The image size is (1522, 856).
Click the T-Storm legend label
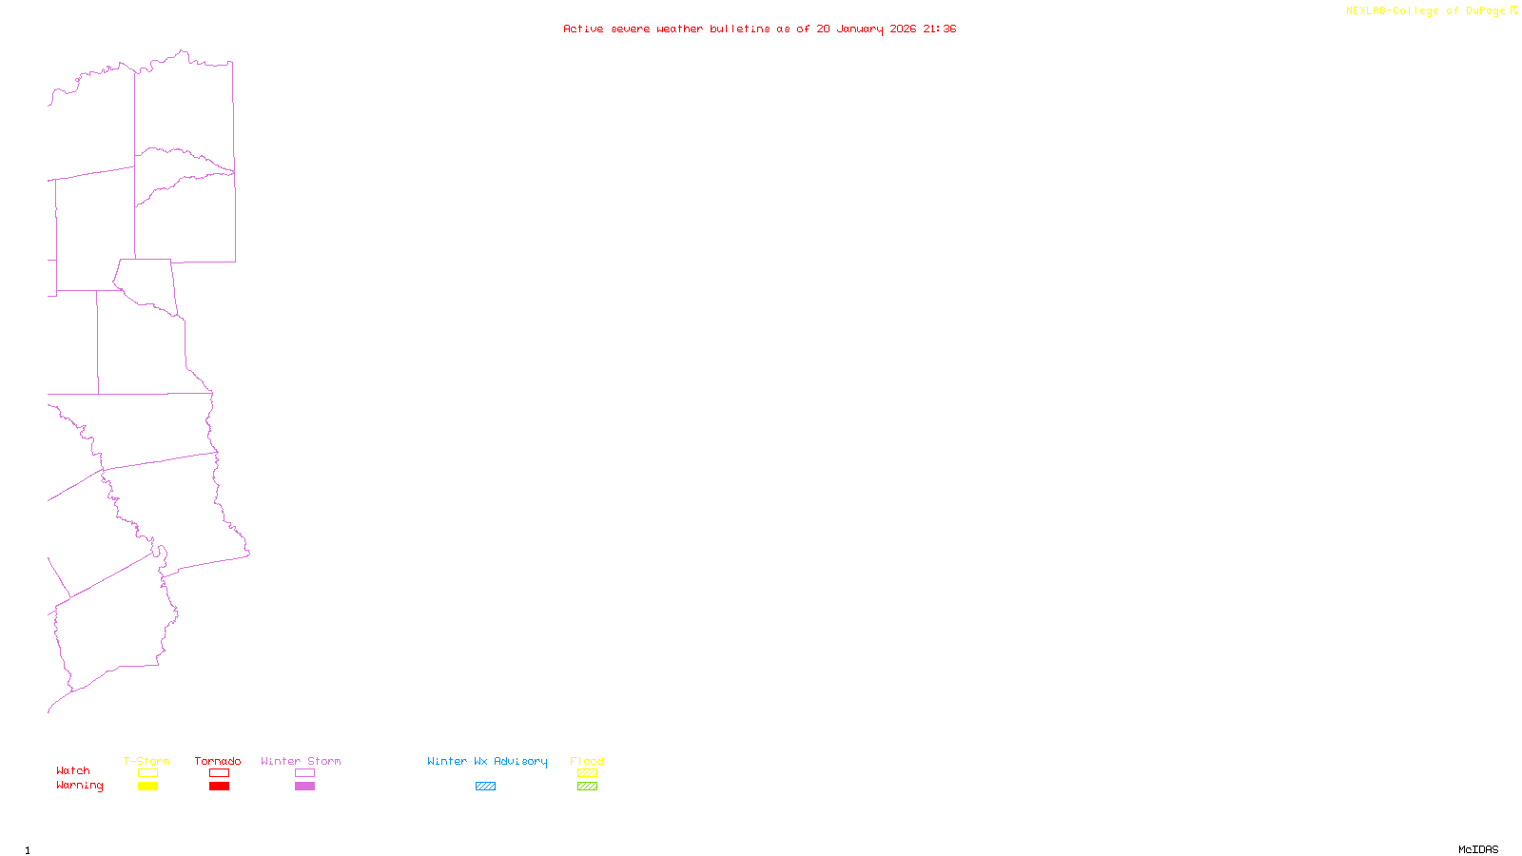(146, 761)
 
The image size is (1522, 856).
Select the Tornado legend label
(218, 761)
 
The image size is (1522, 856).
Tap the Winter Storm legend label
(301, 761)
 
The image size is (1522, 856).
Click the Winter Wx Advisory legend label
(487, 761)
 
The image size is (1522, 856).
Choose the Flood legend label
(587, 761)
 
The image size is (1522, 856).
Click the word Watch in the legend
(73, 770)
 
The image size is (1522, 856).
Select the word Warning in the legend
(79, 786)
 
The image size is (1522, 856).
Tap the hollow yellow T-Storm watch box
(147, 773)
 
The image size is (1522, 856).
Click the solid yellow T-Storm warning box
(147, 787)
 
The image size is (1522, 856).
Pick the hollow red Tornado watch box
(219, 773)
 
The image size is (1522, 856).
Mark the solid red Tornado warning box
(219, 787)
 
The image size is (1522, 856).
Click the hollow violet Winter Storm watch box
(304, 773)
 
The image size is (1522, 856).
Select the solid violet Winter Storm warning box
(304, 787)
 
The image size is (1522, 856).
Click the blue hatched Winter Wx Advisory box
(485, 787)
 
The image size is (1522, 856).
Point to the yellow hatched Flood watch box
(587, 773)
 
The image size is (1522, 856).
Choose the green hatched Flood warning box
(587, 787)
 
